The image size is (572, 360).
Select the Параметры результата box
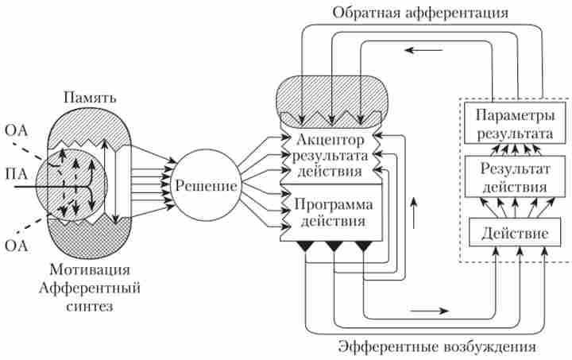[x=509, y=123]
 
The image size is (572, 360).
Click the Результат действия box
[x=509, y=176]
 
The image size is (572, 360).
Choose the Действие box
[x=509, y=234]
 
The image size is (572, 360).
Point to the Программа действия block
[x=329, y=211]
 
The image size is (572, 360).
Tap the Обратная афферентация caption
[x=420, y=13]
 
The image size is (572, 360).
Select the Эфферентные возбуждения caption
[x=437, y=347]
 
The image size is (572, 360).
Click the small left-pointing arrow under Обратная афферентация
[x=420, y=50]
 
